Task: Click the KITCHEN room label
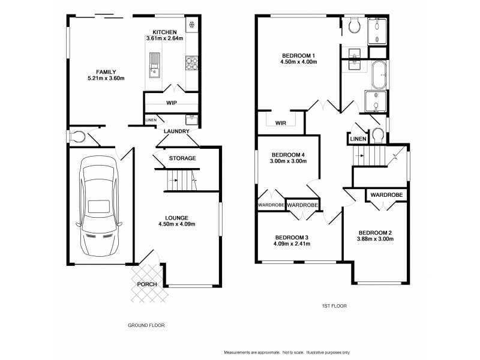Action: [x=164, y=32]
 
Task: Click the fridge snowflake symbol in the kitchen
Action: [x=193, y=25]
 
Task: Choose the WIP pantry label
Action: [x=172, y=103]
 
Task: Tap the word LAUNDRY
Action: [x=177, y=131]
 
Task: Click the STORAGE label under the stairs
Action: [x=182, y=158]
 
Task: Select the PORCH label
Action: [x=147, y=284]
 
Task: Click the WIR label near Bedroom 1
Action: [x=280, y=123]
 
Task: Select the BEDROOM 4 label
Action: [x=288, y=153]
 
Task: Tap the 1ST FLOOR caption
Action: [x=334, y=307]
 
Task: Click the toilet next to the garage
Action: [x=76, y=137]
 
